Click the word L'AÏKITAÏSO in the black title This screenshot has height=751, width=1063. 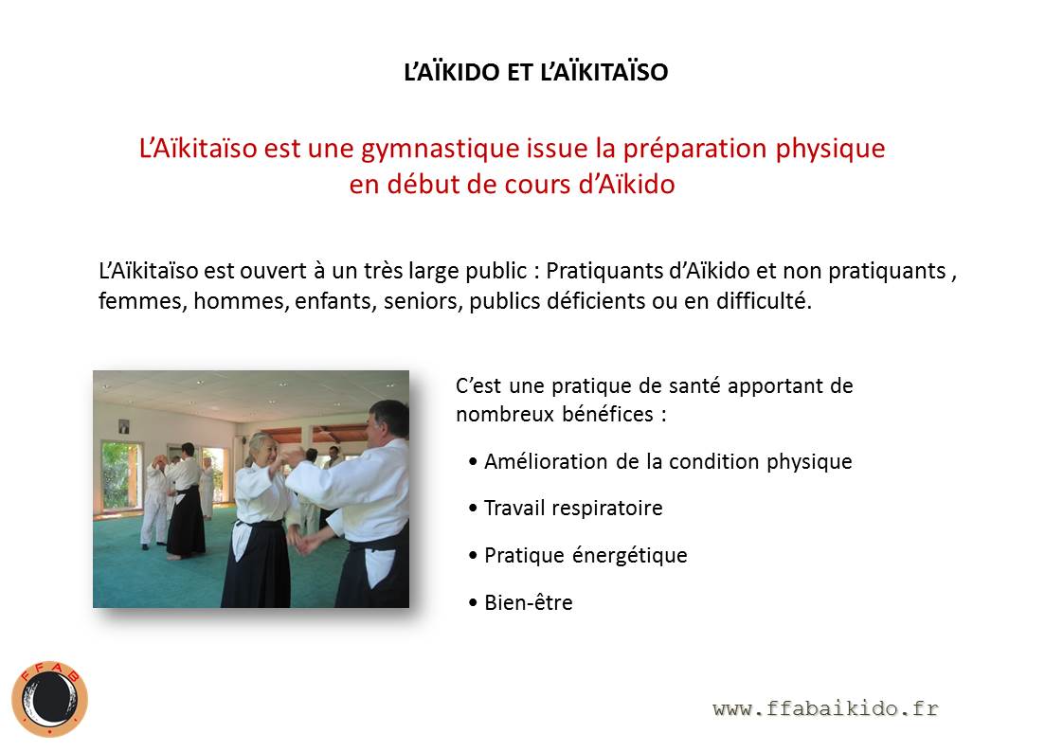[604, 72]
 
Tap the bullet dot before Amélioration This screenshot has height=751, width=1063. [473, 462]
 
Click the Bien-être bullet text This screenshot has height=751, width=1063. [528, 602]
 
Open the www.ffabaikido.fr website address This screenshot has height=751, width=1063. [826, 709]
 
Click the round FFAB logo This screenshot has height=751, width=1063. [49, 699]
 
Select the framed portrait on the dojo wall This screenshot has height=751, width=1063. [124, 426]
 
